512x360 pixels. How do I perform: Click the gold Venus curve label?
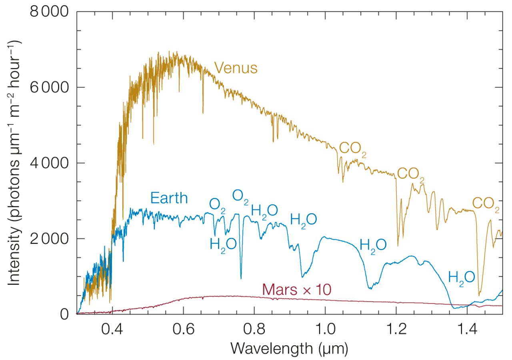(x=236, y=68)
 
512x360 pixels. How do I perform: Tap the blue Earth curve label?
(x=169, y=198)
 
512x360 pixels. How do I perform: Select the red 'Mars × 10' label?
(x=298, y=289)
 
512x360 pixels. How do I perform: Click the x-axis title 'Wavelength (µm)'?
(x=289, y=349)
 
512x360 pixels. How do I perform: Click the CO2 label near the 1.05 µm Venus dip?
(x=353, y=149)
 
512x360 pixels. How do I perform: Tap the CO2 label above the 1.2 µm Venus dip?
(x=411, y=175)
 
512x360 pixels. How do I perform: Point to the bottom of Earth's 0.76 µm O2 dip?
(x=241, y=278)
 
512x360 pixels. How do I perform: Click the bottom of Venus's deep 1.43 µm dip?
(x=480, y=295)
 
